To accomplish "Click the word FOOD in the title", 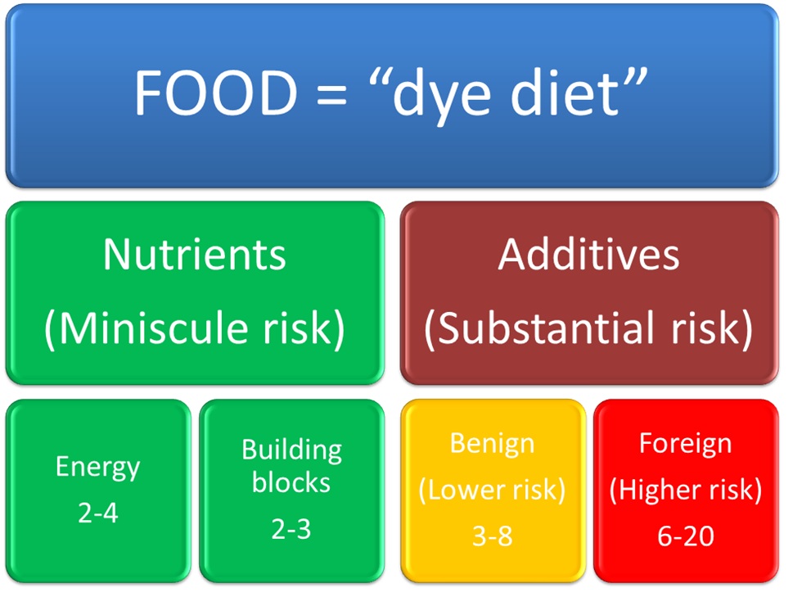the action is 216,93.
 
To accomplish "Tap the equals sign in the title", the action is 331,96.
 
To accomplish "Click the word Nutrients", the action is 195,255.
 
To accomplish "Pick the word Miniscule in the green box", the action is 153,328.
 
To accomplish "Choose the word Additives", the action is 588,255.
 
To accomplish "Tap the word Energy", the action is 97,468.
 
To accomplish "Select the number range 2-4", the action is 98,513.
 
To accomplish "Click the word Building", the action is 292,450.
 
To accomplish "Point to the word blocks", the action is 291,482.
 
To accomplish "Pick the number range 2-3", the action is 291,529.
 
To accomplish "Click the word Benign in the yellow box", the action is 492,445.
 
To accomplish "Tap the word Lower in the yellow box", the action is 466,490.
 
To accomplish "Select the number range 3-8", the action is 492,536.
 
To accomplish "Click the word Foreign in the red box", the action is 685,445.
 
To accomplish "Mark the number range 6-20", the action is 686,536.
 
